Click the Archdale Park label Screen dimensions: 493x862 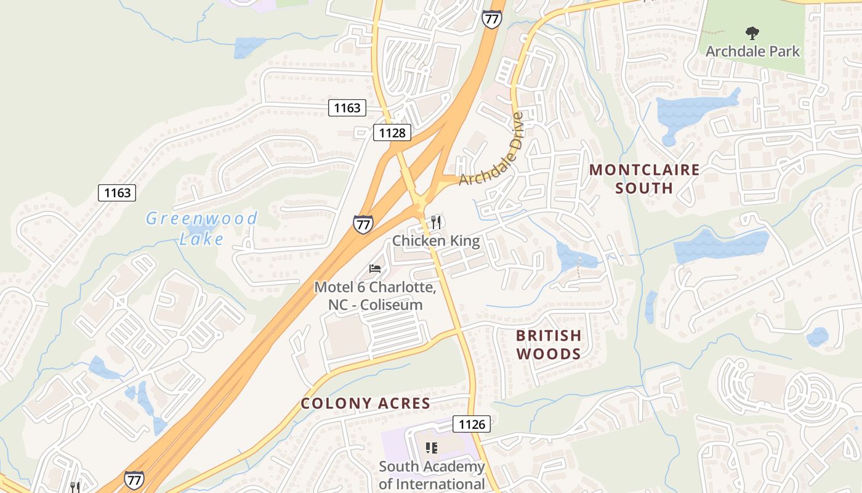point(752,51)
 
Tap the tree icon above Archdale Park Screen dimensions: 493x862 point(752,33)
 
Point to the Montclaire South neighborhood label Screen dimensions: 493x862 point(645,178)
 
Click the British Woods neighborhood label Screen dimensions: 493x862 point(549,344)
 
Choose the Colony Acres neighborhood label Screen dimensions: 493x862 point(365,404)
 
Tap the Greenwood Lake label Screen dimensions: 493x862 point(202,228)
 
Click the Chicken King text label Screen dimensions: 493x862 point(436,240)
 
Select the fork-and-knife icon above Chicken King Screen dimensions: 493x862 point(436,222)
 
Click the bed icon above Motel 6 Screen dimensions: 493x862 point(375,268)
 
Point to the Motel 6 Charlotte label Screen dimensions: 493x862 point(375,296)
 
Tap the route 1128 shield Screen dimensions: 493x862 point(392,132)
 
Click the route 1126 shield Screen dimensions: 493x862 point(472,424)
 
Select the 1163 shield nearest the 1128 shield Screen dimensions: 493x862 point(347,108)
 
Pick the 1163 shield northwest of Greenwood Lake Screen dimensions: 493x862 point(117,193)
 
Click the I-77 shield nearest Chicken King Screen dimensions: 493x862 point(363,224)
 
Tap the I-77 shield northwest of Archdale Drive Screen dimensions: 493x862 point(491,19)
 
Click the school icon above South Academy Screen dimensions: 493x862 point(432,448)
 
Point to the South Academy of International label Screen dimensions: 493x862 point(432,475)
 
